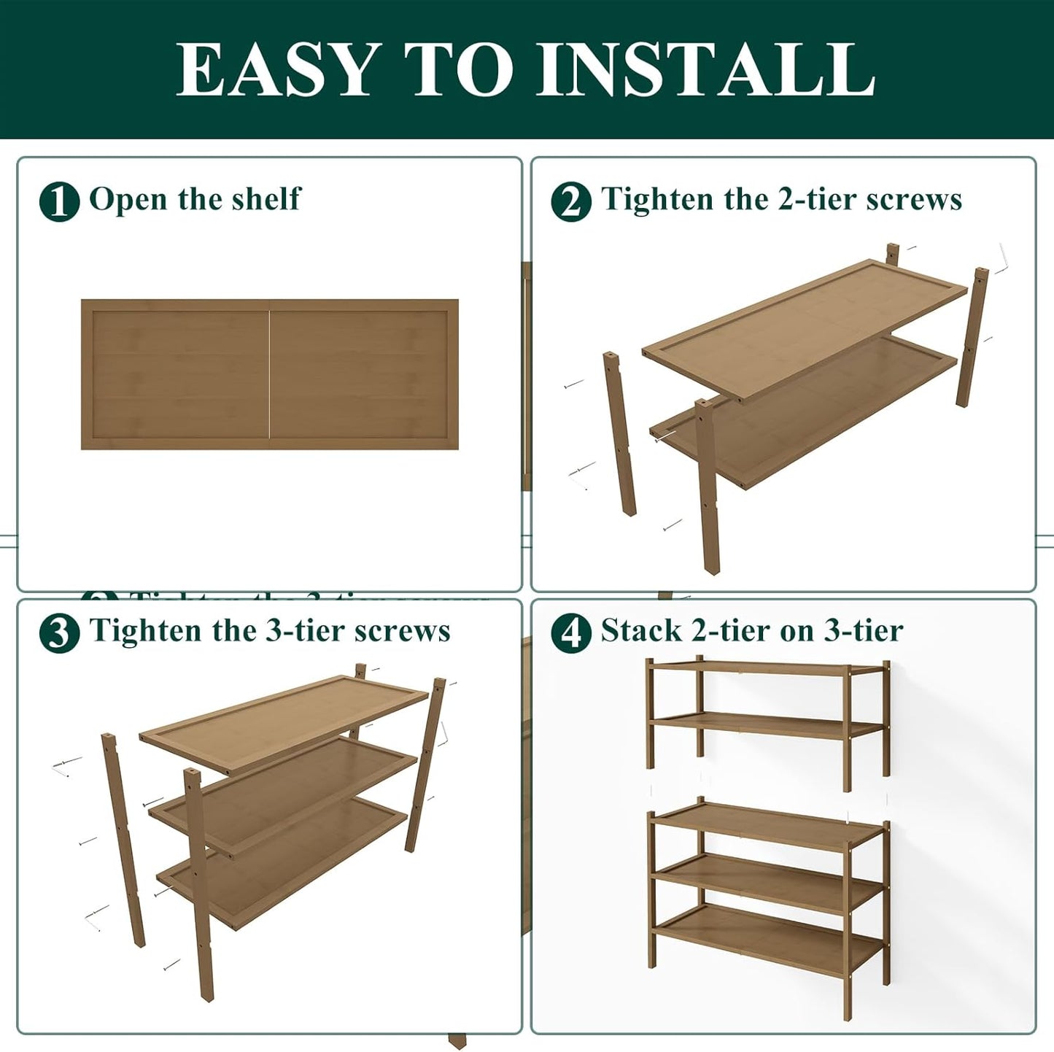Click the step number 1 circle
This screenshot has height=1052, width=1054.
tap(59, 201)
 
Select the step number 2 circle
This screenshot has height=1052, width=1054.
tap(571, 201)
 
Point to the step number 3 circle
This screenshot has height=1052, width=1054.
tap(59, 633)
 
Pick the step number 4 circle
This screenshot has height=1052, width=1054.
tap(571, 633)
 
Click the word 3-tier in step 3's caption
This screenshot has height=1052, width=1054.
tap(306, 630)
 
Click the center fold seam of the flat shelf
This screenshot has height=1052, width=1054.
tap(270, 374)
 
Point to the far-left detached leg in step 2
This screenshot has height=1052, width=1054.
tap(619, 434)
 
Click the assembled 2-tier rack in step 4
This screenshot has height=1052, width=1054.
tap(767, 722)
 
